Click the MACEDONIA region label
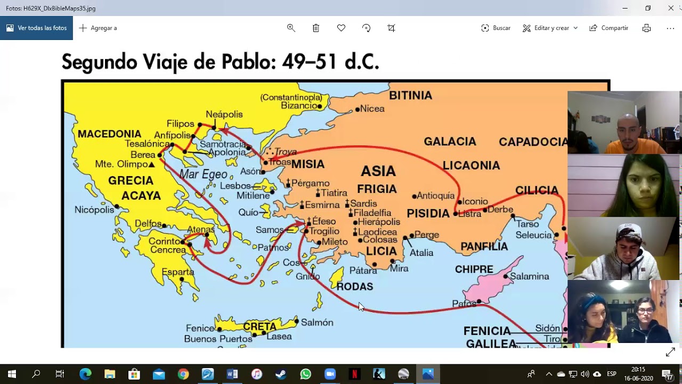click(x=109, y=134)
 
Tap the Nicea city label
click(x=372, y=109)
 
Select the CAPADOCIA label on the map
click(x=533, y=142)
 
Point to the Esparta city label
click(x=178, y=272)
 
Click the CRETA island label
click(x=259, y=326)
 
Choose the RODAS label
click(x=354, y=287)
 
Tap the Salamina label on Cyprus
click(x=529, y=276)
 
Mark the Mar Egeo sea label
click(x=203, y=174)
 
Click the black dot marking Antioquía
click(x=414, y=197)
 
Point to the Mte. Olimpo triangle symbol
click(x=152, y=165)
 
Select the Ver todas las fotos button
click(x=36, y=28)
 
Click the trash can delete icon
click(x=316, y=28)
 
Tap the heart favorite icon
click(x=341, y=28)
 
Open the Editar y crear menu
click(x=550, y=28)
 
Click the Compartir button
click(x=608, y=28)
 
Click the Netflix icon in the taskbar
click(x=354, y=374)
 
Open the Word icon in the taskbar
click(x=232, y=374)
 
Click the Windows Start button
click(x=12, y=374)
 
